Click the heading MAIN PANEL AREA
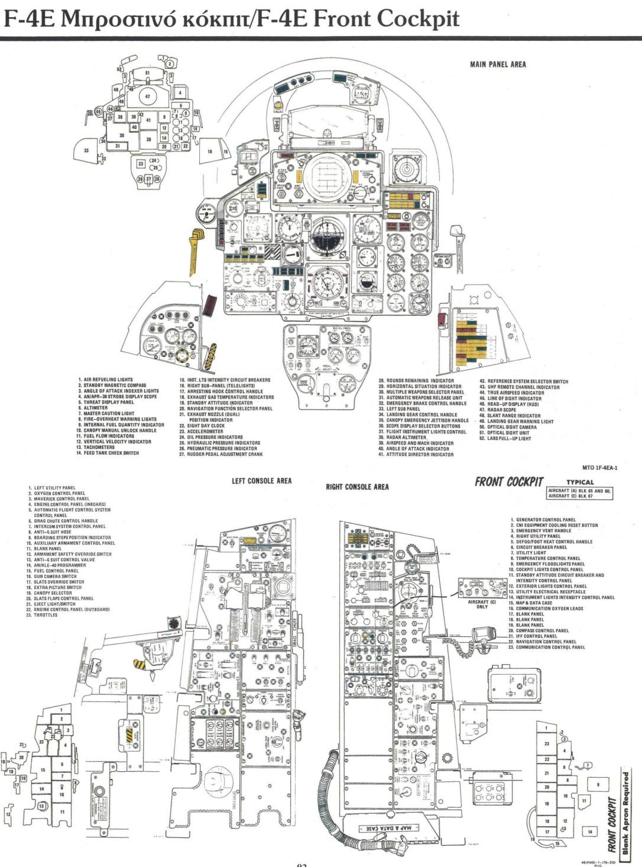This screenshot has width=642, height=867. tap(498, 64)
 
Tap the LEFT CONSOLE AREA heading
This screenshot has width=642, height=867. tap(261, 481)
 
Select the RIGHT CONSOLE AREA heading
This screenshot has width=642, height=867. tap(357, 487)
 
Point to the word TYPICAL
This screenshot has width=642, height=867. tap(579, 483)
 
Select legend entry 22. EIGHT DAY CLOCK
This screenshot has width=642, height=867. tap(202, 426)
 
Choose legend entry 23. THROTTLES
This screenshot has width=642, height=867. tap(43, 615)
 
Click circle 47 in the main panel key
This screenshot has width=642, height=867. tap(148, 95)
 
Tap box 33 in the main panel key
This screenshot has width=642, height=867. tap(87, 151)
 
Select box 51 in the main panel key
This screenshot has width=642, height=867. tap(148, 73)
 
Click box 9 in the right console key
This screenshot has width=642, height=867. tap(598, 784)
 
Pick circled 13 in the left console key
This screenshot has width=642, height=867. tap(41, 805)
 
